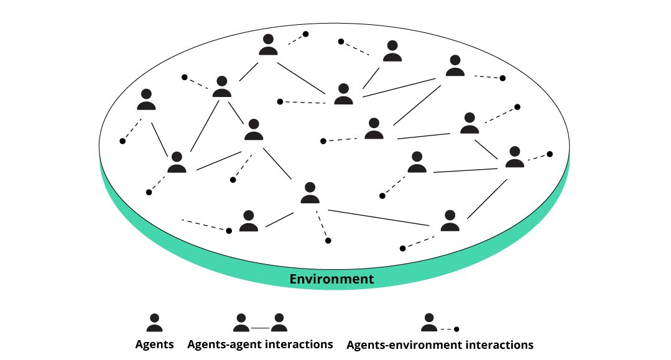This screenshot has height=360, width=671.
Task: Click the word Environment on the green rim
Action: [x=332, y=279]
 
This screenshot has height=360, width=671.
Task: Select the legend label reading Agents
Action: [x=155, y=344]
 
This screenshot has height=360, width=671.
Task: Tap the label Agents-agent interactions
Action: [x=260, y=344]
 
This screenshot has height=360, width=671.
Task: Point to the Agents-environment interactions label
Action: [x=440, y=344]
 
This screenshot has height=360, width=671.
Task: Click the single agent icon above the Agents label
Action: [x=154, y=323]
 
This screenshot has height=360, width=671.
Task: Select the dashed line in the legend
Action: [x=447, y=328]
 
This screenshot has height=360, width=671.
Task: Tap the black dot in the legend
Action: [x=456, y=329]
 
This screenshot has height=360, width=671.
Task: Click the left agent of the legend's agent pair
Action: [x=241, y=323]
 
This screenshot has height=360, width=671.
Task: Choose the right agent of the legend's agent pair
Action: [x=279, y=323]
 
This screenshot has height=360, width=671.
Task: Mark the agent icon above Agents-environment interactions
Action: [x=429, y=323]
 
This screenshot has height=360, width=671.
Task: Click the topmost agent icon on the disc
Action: [x=268, y=45]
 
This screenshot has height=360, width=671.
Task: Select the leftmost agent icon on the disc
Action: [x=146, y=99]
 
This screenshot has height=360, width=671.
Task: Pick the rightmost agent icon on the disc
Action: [x=514, y=157]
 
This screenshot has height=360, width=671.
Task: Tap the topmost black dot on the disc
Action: [x=305, y=34]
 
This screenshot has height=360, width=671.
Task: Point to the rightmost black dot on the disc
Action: [x=549, y=154]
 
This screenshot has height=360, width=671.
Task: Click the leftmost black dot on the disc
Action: [x=123, y=141]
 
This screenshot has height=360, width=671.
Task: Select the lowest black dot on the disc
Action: [x=402, y=248]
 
